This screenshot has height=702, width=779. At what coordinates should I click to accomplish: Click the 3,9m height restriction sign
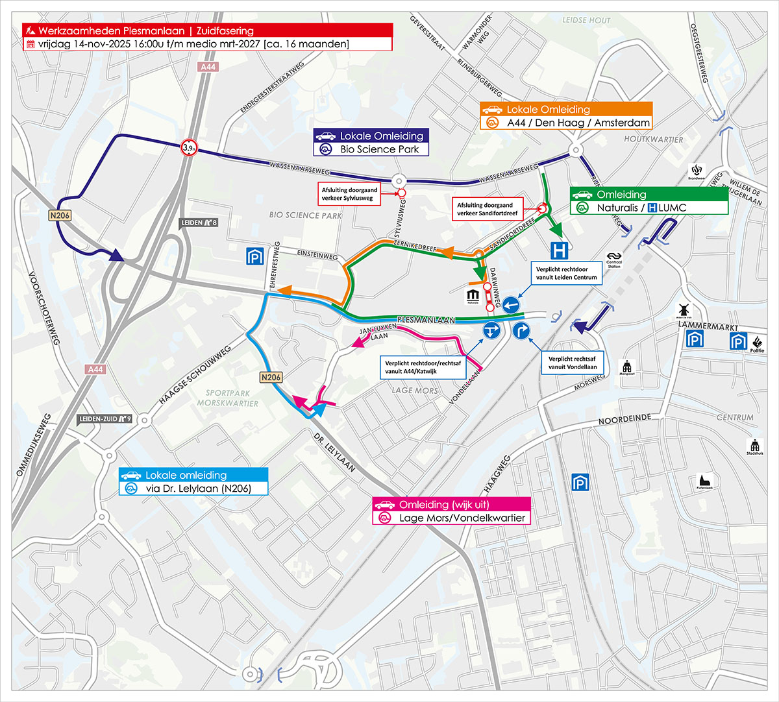pyautogui.click(x=189, y=148)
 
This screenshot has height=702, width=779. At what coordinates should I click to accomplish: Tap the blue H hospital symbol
pyautogui.click(x=559, y=250)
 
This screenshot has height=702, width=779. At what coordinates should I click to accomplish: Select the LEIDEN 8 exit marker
pyautogui.click(x=199, y=223)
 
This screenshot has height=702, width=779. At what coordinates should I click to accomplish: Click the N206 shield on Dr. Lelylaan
pyautogui.click(x=271, y=377)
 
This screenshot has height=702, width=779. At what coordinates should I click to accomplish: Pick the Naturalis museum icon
pyautogui.click(x=473, y=297)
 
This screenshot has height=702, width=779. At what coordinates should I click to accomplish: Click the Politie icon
pyautogui.click(x=757, y=342)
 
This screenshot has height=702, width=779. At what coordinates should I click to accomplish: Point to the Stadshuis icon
pyautogui.click(x=754, y=446)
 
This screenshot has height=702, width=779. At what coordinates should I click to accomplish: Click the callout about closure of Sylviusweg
pyautogui.click(x=350, y=194)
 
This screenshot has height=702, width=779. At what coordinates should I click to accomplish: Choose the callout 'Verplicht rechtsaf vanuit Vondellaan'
pyautogui.click(x=572, y=363)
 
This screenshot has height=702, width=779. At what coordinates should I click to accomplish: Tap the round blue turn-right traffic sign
pyautogui.click(x=521, y=331)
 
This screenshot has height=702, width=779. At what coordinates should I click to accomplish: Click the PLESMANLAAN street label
pyautogui.click(x=426, y=319)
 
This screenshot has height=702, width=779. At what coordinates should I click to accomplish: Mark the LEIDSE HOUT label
pyautogui.click(x=586, y=21)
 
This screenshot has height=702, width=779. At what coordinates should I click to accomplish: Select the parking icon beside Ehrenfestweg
pyautogui.click(x=255, y=256)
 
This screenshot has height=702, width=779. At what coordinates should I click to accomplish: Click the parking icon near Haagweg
pyautogui.click(x=580, y=482)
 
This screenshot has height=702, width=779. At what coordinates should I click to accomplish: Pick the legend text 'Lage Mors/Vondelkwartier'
pyautogui.click(x=462, y=518)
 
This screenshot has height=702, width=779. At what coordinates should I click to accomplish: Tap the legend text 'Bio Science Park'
pyautogui.click(x=380, y=149)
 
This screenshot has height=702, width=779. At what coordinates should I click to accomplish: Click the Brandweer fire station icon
pyautogui.click(x=697, y=172)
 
